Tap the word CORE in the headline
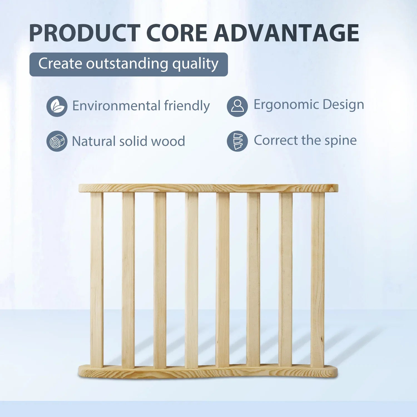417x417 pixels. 177,33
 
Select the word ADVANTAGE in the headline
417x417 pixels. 286,33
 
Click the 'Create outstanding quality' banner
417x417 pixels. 128,64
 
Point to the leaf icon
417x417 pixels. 57,106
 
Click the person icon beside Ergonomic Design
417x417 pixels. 237,106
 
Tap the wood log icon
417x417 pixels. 57,141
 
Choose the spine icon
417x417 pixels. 237,141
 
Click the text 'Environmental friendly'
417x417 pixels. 141,106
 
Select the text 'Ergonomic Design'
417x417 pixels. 309,105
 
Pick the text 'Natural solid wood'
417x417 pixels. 128,141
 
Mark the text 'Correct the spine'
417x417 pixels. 305,140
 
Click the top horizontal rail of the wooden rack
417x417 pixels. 209,188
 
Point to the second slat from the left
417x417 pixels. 128,281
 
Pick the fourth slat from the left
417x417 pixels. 192,281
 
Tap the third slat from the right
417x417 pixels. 254,280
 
